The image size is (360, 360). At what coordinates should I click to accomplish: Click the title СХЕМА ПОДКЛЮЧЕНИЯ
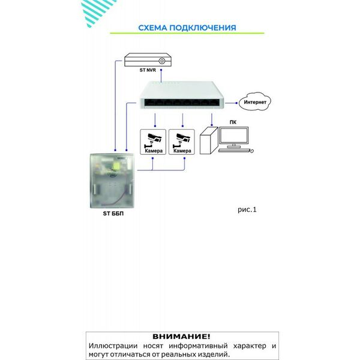(x=187, y=28)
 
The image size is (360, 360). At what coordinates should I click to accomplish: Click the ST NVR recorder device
(x=148, y=60)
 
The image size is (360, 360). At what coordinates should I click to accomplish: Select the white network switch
(x=181, y=97)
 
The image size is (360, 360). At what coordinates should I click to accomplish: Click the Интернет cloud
(x=254, y=101)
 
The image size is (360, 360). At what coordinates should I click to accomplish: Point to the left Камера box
(x=154, y=143)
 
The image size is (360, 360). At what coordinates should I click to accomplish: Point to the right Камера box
(x=181, y=143)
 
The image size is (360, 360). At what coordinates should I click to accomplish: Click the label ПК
(x=232, y=121)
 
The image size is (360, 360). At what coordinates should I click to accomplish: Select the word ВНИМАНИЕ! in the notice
(x=181, y=337)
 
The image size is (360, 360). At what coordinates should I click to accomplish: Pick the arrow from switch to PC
(x=209, y=118)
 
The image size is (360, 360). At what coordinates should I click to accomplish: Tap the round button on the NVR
(x=163, y=60)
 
